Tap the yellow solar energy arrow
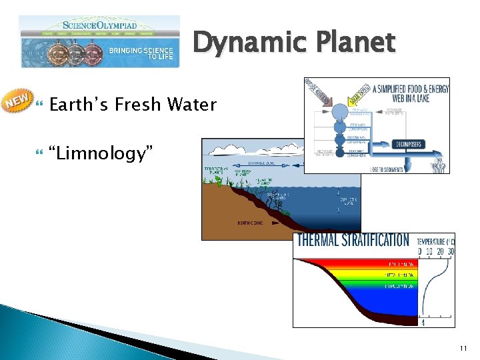click(x=346, y=95)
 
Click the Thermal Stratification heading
click(x=353, y=240)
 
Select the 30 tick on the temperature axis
click(x=451, y=251)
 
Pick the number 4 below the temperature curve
click(x=423, y=323)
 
